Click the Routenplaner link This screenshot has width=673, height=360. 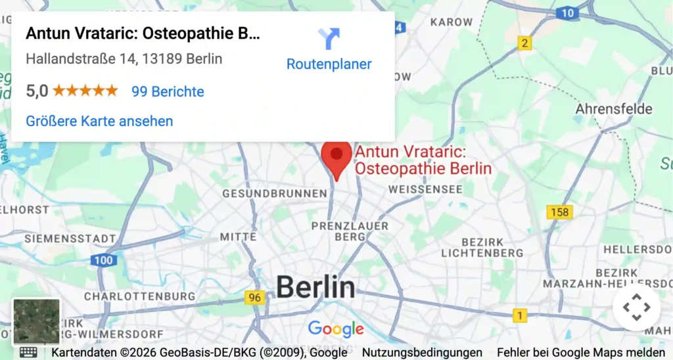pos(329,64)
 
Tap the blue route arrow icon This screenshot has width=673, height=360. pos(329,38)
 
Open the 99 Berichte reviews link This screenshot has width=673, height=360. pos(168,91)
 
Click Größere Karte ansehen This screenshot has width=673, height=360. pos(99,121)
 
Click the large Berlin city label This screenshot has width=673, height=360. pos(315,287)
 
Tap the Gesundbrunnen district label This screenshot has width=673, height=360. pos(274,194)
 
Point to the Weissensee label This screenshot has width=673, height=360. pos(426,189)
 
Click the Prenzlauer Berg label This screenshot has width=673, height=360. pos(350,231)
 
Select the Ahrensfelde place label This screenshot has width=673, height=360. pos(614,108)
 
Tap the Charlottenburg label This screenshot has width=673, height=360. pos(139,296)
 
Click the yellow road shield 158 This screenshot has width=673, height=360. pos(559,212)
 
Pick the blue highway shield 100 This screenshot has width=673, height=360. pos(104,260)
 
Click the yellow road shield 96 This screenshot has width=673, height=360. pos(255,298)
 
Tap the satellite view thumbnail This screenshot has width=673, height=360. pos(36,322)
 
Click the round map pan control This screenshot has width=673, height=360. pos(636,307)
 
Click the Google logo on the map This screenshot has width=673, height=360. pos(336,328)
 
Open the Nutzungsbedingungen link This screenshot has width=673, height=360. pos(422,353)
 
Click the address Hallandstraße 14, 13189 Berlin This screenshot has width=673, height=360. pos(124,58)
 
